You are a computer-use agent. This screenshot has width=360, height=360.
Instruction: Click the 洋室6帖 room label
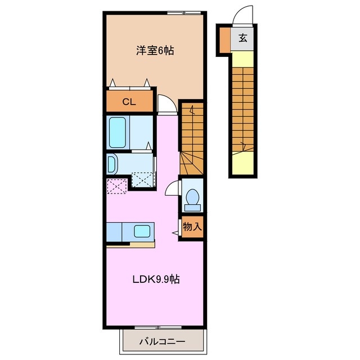pyautogui.click(x=155, y=51)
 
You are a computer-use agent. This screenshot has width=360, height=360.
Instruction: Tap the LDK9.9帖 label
pyautogui.click(x=156, y=280)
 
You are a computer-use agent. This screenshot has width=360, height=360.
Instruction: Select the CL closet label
pyautogui.click(x=129, y=102)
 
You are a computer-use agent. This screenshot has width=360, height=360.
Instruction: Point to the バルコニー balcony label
pyautogui.click(x=163, y=342)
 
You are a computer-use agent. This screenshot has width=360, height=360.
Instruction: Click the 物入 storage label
pyautogui.click(x=192, y=227)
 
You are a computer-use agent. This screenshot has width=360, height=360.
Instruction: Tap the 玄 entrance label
pyautogui.click(x=242, y=38)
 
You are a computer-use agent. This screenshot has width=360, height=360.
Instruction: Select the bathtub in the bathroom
pyautogui.click(x=118, y=133)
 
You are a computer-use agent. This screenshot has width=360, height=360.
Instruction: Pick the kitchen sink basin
pyautogui.click(x=142, y=231)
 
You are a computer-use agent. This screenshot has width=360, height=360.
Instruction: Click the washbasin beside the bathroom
pyautogui.click(x=112, y=164)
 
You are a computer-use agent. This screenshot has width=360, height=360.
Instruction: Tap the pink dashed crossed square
pyautogui.click(x=117, y=186)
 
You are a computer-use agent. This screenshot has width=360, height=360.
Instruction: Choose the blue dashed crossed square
pyautogui.click(x=142, y=179)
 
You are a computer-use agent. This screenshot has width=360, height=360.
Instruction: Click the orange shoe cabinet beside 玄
pyautogui.click(x=225, y=40)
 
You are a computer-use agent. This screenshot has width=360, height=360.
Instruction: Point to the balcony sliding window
pyautogui.click(x=158, y=327)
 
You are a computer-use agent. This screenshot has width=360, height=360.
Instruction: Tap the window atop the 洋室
pyautogui.click(x=184, y=13)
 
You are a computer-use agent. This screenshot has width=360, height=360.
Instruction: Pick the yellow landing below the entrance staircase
pyautogui.click(x=242, y=163)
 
